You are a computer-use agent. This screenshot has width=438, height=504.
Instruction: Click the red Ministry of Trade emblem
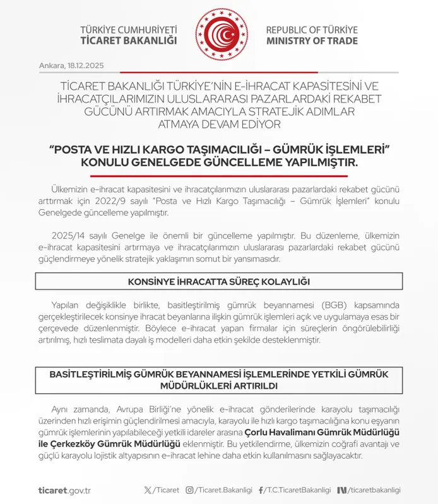tap(219, 36)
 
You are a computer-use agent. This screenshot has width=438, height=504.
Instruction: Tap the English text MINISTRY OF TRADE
tap(312, 41)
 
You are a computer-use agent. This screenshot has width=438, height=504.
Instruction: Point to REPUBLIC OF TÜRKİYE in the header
tap(312, 30)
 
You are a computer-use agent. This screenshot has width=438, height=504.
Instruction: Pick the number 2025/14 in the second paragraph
tap(67, 236)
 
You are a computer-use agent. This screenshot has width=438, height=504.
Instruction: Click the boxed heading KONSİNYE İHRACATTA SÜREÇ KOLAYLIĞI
tap(219, 281)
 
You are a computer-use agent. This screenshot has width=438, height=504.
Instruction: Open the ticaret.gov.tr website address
tap(64, 490)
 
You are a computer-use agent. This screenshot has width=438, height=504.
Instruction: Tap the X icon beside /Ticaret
tap(148, 490)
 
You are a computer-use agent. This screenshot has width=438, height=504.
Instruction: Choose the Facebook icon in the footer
tap(261, 490)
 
